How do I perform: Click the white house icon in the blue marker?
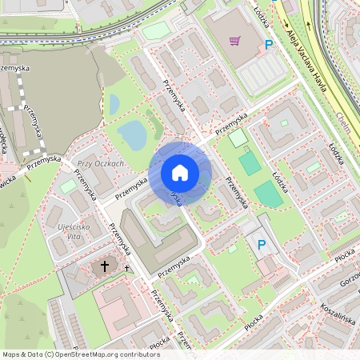(x=179, y=173)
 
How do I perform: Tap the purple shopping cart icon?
(x=235, y=41)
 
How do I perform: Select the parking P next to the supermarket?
(x=269, y=46)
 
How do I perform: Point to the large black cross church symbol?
(x=105, y=266)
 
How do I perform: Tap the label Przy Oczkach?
(x=100, y=164)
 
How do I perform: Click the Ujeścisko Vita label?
(x=78, y=230)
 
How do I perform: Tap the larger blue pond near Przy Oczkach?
(x=132, y=136)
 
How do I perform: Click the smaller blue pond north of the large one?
(x=114, y=104)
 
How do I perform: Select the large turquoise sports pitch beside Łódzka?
(x=268, y=193)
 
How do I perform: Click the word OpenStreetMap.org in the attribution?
(x=82, y=354)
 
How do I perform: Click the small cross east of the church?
(x=126, y=268)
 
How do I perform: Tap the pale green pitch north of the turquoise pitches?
(x=238, y=138)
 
